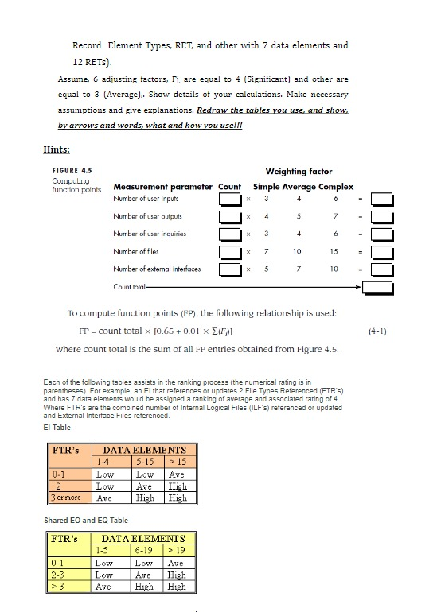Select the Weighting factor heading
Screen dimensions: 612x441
click(x=299, y=172)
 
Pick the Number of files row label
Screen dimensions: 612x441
click(x=136, y=251)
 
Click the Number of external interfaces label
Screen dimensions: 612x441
click(x=157, y=269)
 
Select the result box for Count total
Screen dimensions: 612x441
click(x=380, y=287)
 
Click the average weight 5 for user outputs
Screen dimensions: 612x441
click(x=298, y=216)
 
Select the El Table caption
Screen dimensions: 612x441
click(x=57, y=428)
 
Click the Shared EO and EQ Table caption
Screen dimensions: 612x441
click(x=86, y=520)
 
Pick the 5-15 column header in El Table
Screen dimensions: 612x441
click(x=146, y=462)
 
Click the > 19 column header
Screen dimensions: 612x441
click(x=176, y=549)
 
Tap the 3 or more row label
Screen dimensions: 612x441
click(x=68, y=498)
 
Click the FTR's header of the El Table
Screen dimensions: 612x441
click(x=65, y=451)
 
